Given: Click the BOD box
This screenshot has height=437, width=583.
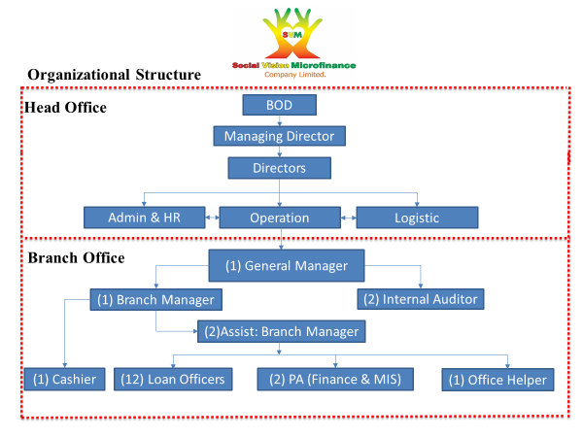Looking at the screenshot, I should click(279, 105).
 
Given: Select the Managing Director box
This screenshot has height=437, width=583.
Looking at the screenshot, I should click(280, 136).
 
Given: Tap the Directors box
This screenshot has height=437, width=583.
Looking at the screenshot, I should click(280, 168).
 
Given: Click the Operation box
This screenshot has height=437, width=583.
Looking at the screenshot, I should click(280, 218).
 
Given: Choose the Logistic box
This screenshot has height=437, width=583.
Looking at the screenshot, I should click(417, 218).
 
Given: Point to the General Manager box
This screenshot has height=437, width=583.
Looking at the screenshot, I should click(287, 265).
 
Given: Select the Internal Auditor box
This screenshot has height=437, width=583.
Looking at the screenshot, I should click(420, 299).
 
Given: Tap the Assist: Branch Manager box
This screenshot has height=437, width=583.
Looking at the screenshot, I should click(279, 331).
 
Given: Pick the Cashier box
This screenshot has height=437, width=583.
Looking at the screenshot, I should click(64, 379).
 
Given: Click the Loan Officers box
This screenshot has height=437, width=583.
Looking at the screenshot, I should click(173, 379).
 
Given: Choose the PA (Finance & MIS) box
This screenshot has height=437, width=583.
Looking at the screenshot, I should click(334, 379).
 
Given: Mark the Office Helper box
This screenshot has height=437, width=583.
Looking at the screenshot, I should click(497, 379).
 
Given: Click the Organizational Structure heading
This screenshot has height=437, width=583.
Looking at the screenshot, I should click(114, 75).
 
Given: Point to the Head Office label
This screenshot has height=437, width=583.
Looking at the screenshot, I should click(65, 107).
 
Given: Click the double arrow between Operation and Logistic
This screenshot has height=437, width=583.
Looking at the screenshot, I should click(348, 218).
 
